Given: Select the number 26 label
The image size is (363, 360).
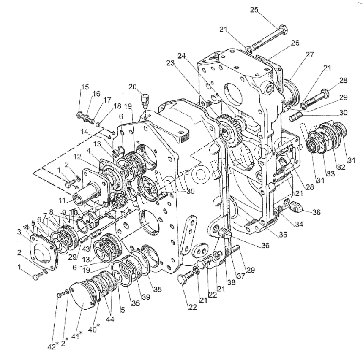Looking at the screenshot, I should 295,43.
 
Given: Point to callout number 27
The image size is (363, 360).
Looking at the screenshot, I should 310,54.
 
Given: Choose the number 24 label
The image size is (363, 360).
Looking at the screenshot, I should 181,56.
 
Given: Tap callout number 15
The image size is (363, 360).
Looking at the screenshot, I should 85,87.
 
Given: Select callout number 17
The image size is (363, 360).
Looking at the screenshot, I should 107,100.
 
